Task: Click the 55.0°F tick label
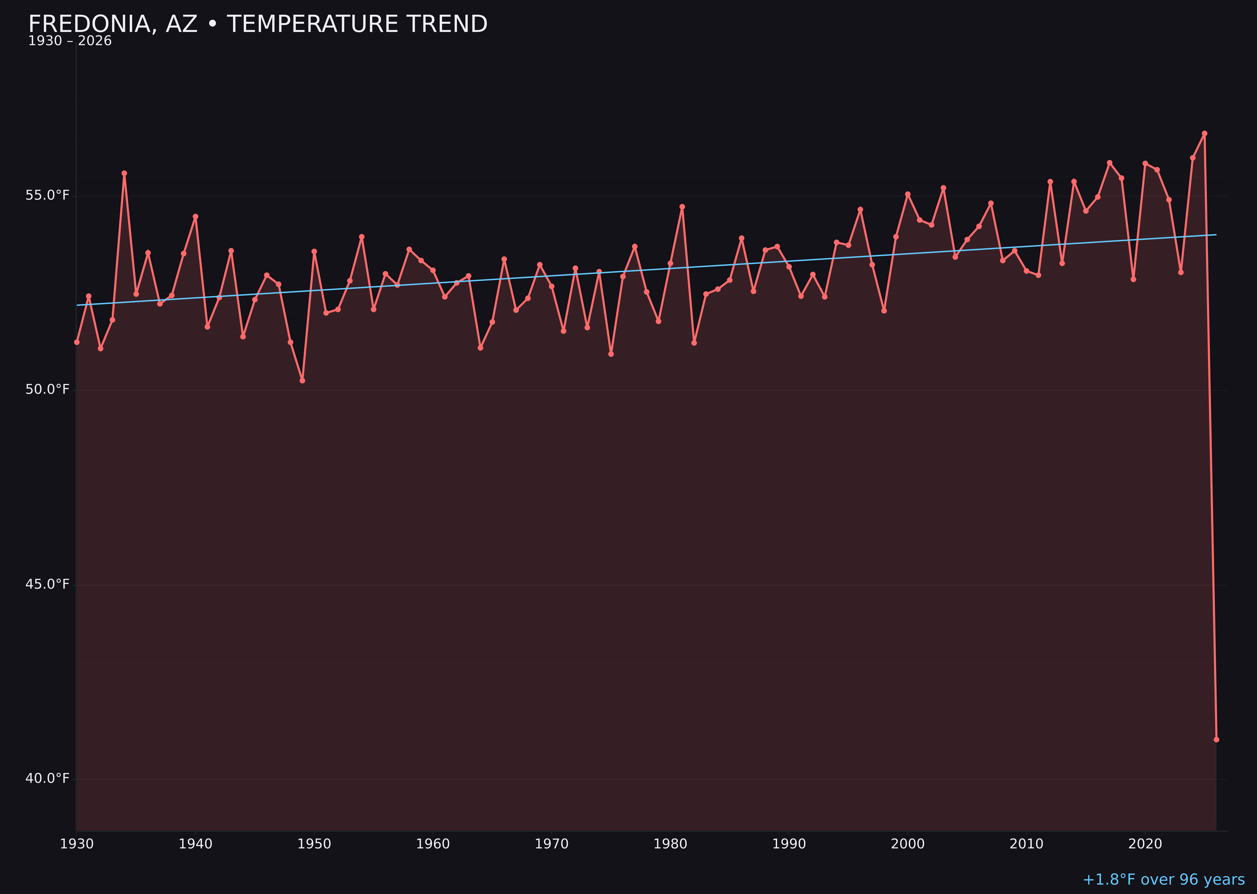(x=47, y=196)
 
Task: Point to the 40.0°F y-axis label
(x=47, y=778)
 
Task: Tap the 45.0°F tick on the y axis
(x=47, y=584)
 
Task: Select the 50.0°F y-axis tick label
(x=47, y=390)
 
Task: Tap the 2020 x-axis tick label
(x=1145, y=844)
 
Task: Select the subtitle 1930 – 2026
(x=70, y=41)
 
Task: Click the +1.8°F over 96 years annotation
(x=1163, y=880)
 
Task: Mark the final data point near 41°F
(x=1216, y=739)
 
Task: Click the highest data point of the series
(x=1204, y=133)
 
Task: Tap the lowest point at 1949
(x=302, y=380)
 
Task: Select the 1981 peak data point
(x=682, y=207)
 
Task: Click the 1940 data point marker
(x=195, y=216)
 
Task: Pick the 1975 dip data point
(x=611, y=354)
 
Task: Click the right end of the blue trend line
(x=1216, y=235)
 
